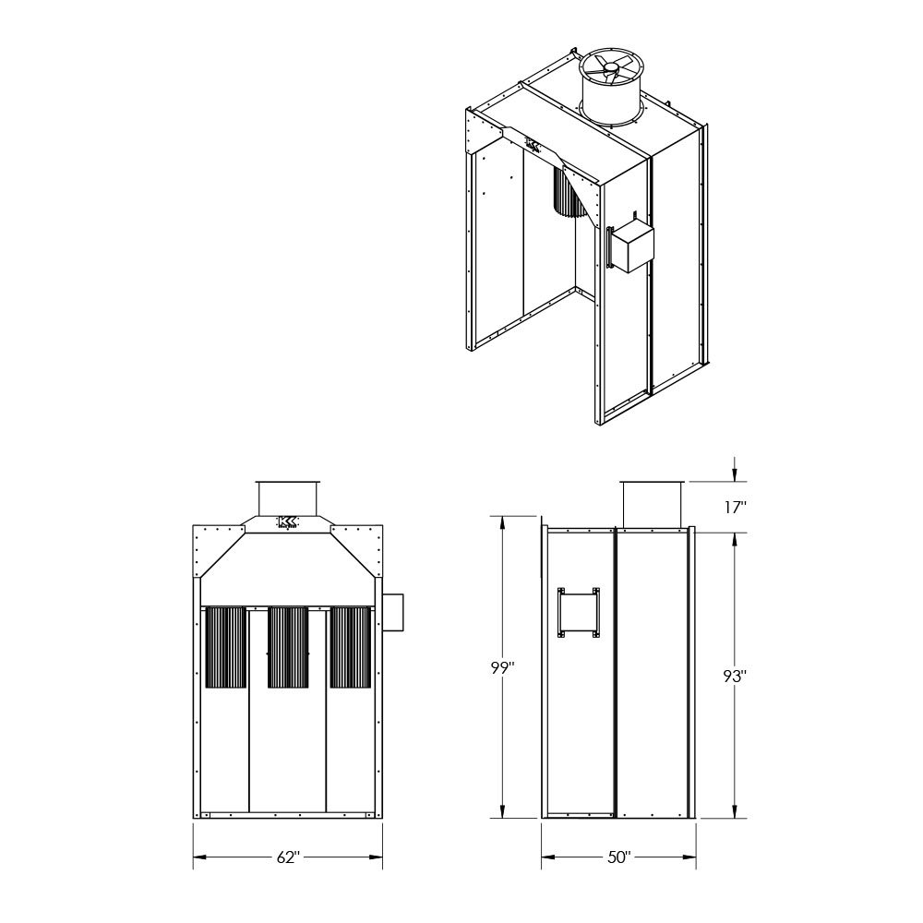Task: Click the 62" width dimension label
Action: [288, 857]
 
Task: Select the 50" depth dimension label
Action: [618, 857]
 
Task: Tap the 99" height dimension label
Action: [503, 667]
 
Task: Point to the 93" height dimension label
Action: [735, 677]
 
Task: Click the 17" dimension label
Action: [736, 508]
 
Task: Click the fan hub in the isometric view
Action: [611, 71]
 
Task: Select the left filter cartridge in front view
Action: [225, 648]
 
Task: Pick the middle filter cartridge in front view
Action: [288, 648]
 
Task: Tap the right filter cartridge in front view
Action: [350, 648]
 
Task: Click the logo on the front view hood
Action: [287, 522]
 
